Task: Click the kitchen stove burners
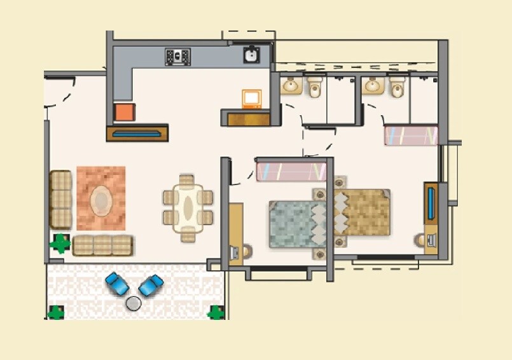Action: (x=177, y=57)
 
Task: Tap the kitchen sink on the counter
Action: (x=251, y=55)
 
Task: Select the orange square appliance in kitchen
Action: (x=124, y=113)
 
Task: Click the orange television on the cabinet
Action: (x=252, y=99)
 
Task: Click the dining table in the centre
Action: (x=188, y=208)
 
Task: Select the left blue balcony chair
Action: (x=117, y=284)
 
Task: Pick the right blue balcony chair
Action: (x=151, y=284)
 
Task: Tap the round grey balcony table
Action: (x=134, y=303)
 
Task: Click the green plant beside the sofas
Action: (x=60, y=243)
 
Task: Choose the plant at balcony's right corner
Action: (x=216, y=312)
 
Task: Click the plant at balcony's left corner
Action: (x=56, y=312)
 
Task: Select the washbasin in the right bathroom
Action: (x=373, y=85)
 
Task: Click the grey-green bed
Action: (x=296, y=224)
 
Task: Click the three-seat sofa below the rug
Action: (x=102, y=245)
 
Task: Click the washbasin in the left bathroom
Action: (x=292, y=85)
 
